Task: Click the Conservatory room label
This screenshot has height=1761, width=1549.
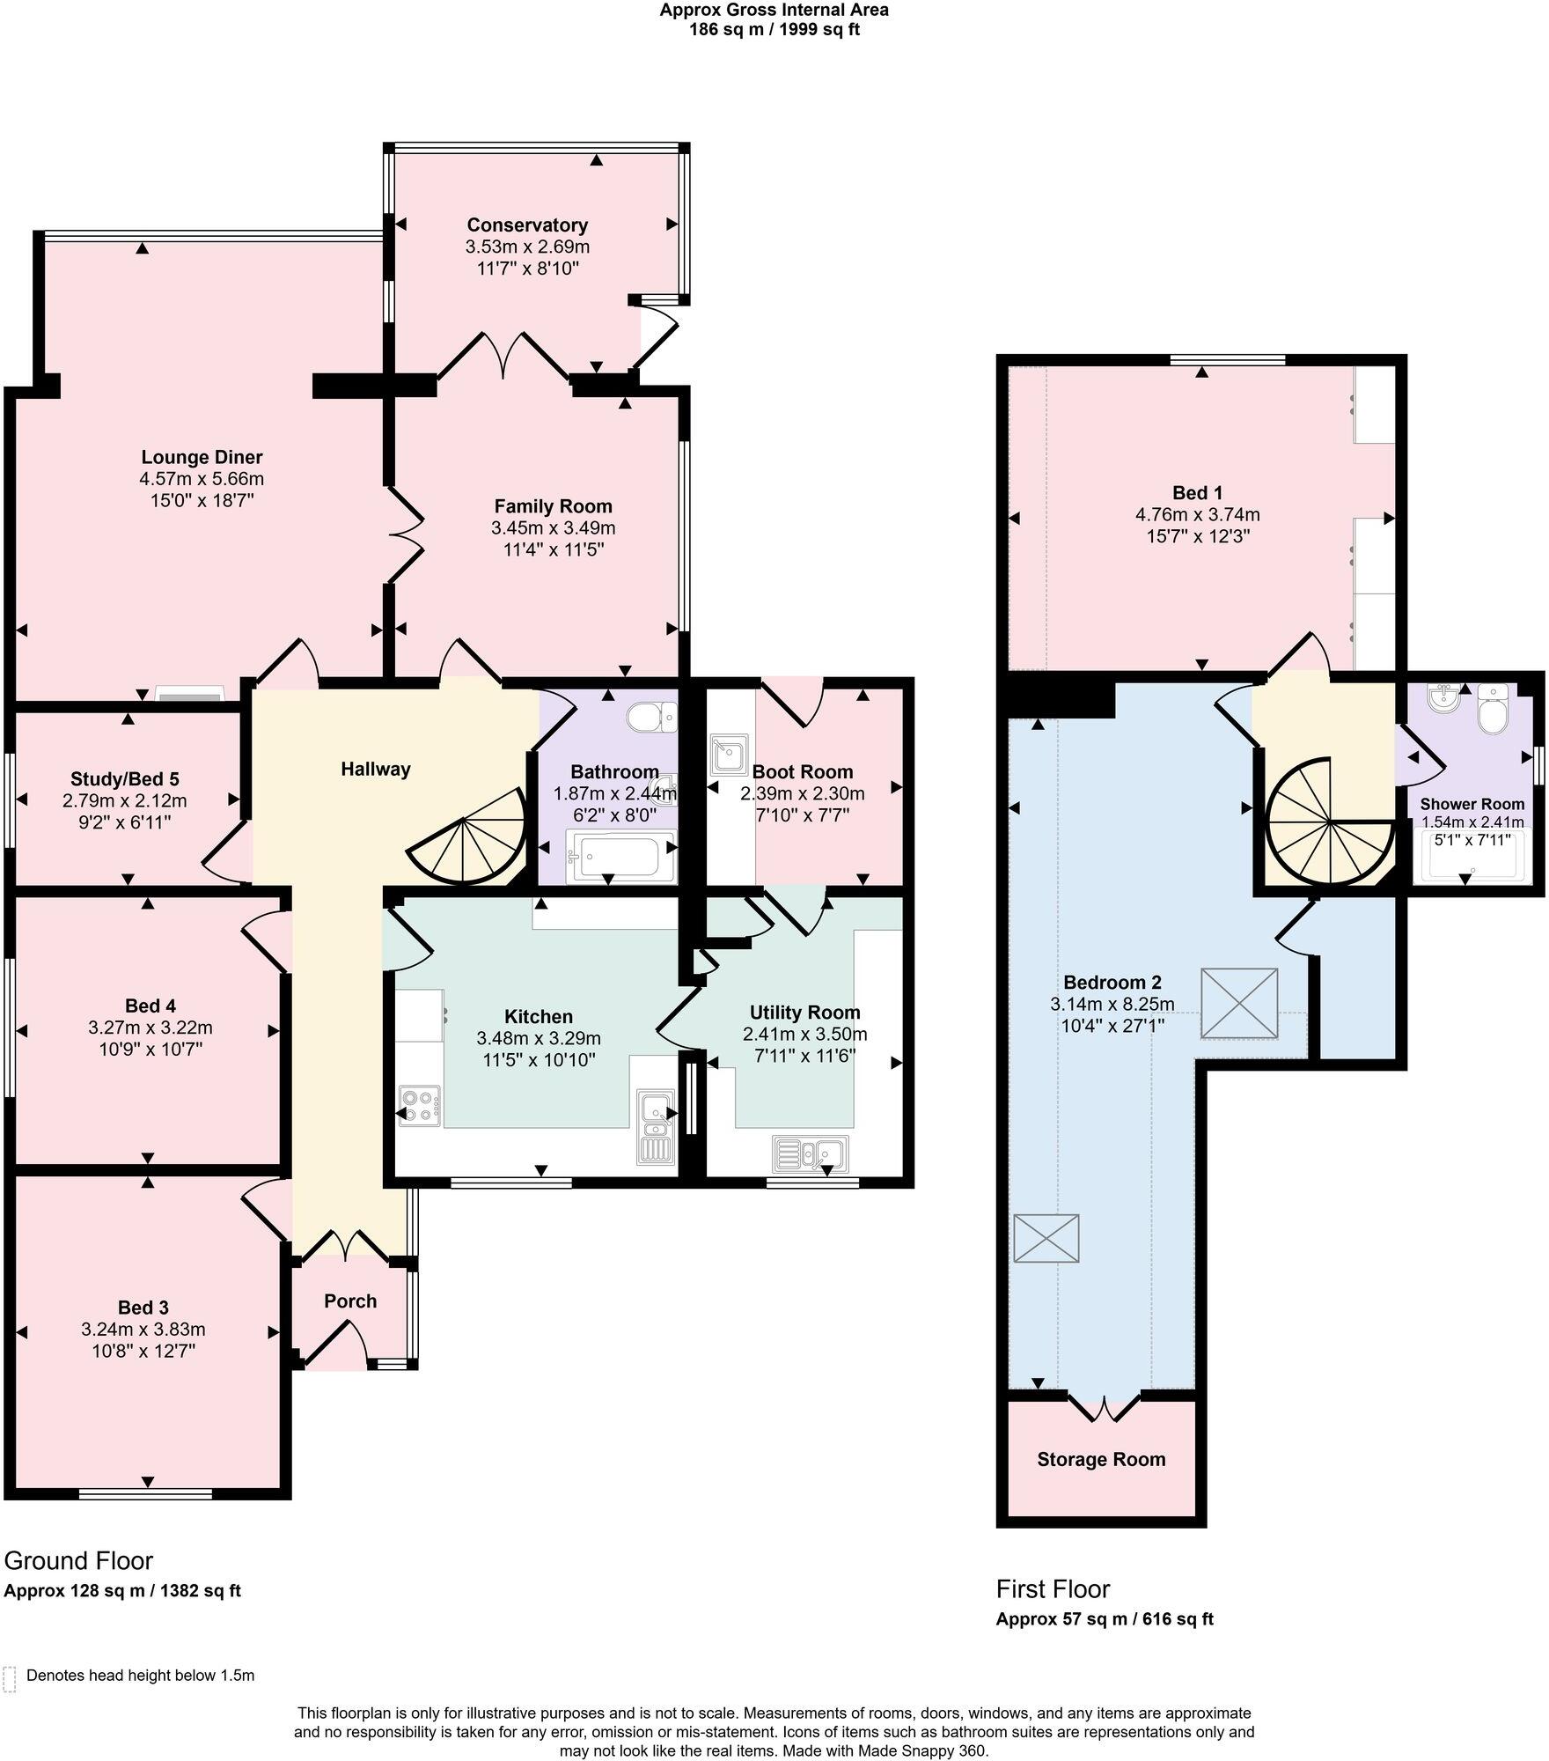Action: point(527,225)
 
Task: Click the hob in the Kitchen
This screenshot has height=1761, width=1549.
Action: point(420,1105)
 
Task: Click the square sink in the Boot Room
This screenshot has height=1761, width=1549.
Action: point(729,754)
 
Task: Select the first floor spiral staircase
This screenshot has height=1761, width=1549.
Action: point(1327,822)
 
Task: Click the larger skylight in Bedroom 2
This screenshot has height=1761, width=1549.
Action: point(1239,1003)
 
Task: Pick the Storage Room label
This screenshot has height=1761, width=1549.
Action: point(1101,1459)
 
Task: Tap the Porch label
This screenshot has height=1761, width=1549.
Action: point(350,1300)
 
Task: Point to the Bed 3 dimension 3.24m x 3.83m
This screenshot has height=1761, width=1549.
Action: point(143,1330)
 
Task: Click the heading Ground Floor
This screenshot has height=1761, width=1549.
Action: point(78,1560)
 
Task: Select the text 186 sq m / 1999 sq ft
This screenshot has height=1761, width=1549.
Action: point(774,29)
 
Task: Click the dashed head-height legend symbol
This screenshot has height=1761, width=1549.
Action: point(10,1678)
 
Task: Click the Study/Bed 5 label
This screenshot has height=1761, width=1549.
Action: point(125,778)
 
